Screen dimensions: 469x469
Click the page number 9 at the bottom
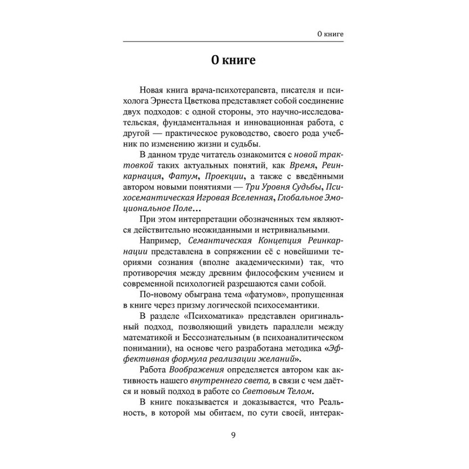click(x=234, y=434)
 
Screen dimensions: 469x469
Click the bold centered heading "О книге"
click(x=234, y=61)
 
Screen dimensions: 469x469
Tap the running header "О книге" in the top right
click(x=327, y=35)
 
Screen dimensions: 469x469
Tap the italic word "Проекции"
click(x=223, y=177)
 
